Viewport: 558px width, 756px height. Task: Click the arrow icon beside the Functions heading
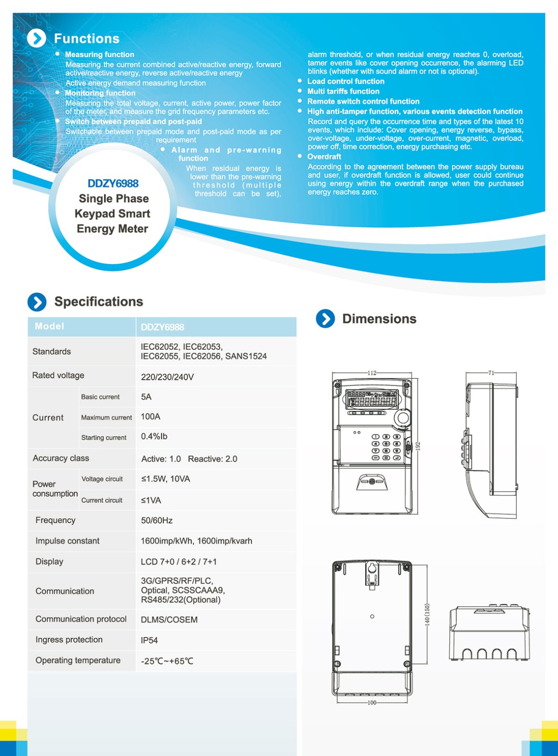36,38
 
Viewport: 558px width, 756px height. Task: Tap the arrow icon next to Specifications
37,302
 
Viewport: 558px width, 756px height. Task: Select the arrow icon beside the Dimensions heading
325,319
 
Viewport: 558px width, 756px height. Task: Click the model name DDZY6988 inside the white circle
113,183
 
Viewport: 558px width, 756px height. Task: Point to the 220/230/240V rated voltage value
167,377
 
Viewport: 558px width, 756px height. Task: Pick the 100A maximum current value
150,417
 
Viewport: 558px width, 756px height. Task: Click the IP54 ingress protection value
149,640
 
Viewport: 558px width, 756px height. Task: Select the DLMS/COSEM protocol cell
169,619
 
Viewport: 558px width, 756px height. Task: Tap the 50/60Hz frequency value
157,520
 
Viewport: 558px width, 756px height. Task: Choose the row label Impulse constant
68,541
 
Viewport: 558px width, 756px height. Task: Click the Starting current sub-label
104,438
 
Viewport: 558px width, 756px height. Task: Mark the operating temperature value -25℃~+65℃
167,661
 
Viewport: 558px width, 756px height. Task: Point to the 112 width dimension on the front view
372,373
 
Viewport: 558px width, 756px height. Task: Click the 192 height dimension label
418,446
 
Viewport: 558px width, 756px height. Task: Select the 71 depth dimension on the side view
491,373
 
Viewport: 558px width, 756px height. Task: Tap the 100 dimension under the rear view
372,703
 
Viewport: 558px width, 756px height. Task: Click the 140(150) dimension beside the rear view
427,614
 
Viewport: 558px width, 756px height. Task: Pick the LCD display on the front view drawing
372,398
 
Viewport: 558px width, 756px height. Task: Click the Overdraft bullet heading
324,156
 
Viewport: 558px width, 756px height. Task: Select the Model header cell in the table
49,326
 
